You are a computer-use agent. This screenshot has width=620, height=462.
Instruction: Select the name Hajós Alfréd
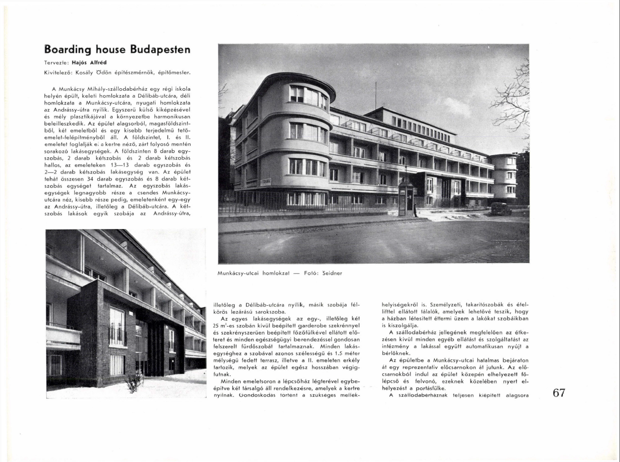pos(93,63)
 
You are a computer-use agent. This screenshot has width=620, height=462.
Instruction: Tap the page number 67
pos(559,393)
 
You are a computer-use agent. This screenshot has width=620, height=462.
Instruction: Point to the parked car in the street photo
pos(501,209)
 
